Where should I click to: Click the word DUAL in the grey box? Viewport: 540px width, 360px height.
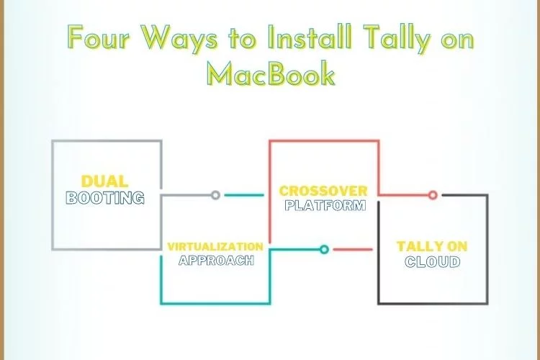tap(104, 181)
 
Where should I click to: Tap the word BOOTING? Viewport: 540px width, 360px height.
tap(104, 198)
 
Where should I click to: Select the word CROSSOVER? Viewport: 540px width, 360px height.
tap(323, 191)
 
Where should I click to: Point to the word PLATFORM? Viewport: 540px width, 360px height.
tap(325, 205)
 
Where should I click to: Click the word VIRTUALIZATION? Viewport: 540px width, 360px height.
tap(215, 247)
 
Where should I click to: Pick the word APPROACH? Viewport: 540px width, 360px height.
tap(216, 260)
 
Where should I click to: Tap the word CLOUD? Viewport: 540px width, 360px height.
tap(433, 262)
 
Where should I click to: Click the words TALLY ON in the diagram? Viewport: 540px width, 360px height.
tap(432, 246)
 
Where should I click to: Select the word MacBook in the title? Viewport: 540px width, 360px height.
tap(271, 73)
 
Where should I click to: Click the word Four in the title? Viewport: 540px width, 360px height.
tap(99, 37)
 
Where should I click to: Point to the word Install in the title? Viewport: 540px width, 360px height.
tap(310, 37)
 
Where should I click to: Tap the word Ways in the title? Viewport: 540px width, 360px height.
tap(179, 39)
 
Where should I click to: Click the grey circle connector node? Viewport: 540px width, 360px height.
tap(215, 195)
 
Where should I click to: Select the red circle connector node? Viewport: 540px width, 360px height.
tap(433, 195)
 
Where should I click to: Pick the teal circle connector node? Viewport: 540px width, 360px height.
tap(324, 249)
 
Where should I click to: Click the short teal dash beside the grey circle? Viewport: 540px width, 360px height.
tap(244, 195)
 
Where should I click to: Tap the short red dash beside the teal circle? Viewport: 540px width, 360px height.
tap(353, 249)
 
